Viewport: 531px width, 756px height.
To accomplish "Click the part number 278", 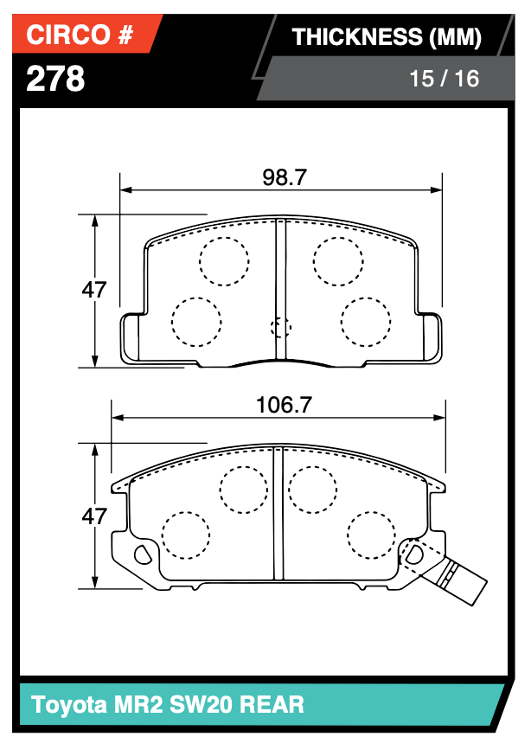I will (56, 79).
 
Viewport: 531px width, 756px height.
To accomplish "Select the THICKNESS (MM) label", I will (386, 36).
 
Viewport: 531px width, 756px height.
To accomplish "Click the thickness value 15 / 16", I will (444, 79).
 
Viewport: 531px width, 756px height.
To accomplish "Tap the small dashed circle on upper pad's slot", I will (280, 327).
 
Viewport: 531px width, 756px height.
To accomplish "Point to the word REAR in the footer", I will (272, 704).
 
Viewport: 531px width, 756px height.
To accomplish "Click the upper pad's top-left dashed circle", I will (224, 259).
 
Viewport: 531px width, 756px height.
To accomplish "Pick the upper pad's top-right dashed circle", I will (337, 259).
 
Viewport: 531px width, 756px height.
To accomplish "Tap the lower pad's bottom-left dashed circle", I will (186, 536).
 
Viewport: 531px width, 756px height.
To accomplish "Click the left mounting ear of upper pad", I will (131, 338).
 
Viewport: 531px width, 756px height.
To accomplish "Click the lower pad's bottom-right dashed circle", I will (372, 536).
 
